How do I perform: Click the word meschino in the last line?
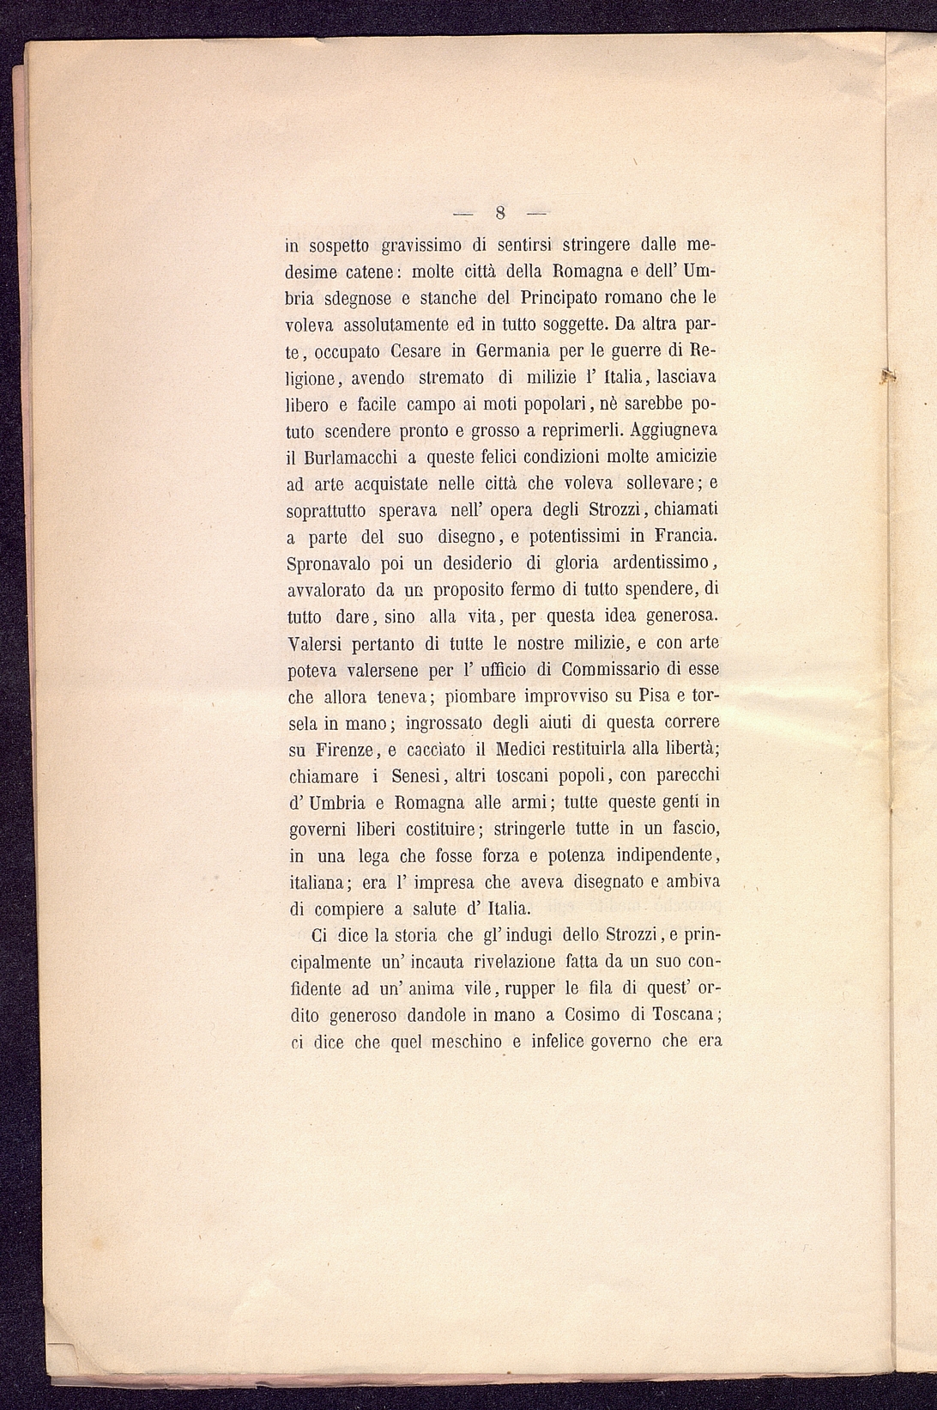[x=458, y=1042]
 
